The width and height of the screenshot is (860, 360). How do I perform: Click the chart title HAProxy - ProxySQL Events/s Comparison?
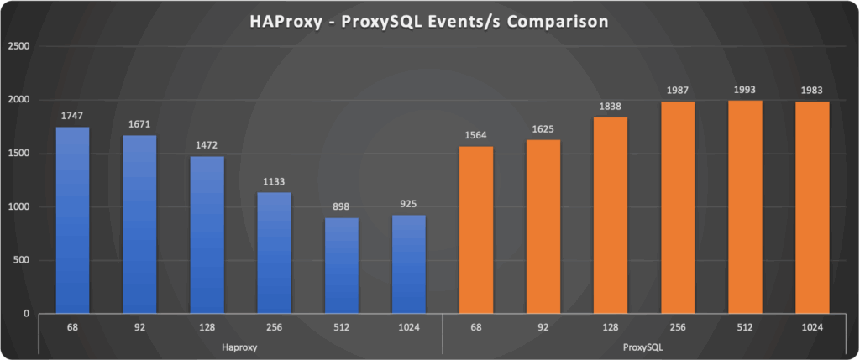[x=428, y=23]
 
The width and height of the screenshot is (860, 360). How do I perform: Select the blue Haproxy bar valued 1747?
[x=72, y=220]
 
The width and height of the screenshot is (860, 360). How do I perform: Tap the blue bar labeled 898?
[x=341, y=265]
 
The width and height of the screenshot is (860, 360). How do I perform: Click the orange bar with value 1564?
[x=476, y=230]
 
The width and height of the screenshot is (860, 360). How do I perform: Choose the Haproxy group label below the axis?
[x=240, y=346]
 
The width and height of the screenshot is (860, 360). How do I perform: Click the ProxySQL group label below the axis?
[x=644, y=346]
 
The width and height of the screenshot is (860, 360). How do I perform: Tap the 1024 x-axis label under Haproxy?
[x=408, y=327]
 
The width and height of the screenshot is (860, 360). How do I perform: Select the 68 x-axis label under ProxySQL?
[x=476, y=327]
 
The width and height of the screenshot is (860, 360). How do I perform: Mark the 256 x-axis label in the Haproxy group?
[x=274, y=327]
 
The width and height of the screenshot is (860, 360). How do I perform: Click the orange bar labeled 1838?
[x=611, y=215]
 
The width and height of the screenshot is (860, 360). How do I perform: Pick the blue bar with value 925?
[x=408, y=264]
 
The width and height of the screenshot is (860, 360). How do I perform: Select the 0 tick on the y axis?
[x=28, y=314]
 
